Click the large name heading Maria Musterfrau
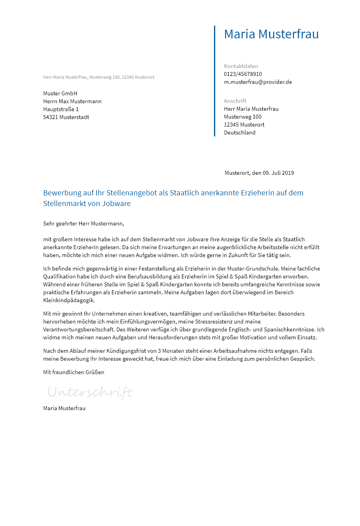(x=271, y=34)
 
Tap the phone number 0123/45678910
(x=243, y=74)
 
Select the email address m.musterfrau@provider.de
(x=258, y=82)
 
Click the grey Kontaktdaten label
(x=241, y=66)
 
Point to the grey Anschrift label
(x=235, y=101)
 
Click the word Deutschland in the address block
(x=239, y=132)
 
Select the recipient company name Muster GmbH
(x=60, y=93)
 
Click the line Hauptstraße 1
(x=61, y=109)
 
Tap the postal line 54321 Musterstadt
(x=66, y=117)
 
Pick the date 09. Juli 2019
(x=278, y=173)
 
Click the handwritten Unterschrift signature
(x=90, y=392)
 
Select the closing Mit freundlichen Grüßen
(x=74, y=372)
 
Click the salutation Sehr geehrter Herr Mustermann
(x=83, y=223)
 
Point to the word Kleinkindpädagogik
(x=69, y=300)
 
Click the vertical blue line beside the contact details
(x=214, y=81)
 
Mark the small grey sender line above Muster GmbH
(x=99, y=77)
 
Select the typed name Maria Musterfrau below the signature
(x=64, y=408)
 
